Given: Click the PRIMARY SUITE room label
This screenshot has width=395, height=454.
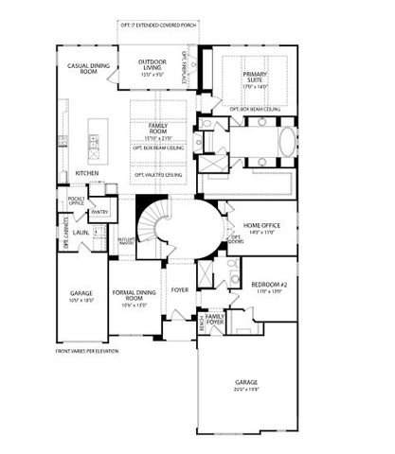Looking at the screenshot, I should click(x=255, y=78).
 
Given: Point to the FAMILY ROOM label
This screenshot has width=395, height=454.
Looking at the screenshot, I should click(x=157, y=128).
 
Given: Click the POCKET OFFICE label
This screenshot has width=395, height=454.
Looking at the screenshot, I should click(x=76, y=201).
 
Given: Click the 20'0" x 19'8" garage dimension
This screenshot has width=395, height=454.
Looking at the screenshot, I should click(x=246, y=390).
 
